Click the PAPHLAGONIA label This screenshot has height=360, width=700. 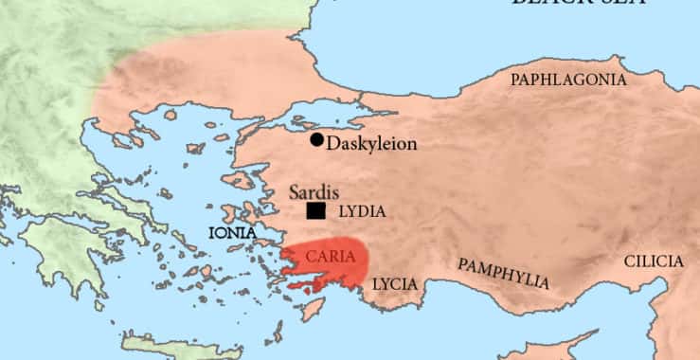click(x=568, y=80)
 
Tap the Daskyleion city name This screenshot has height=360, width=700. click(x=370, y=145)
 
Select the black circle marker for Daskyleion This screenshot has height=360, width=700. click(x=316, y=139)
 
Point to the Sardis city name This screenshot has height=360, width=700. click(x=314, y=192)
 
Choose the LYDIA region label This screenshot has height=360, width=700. click(x=361, y=212)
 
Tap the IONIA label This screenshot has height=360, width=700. click(x=232, y=232)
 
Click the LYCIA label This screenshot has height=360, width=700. click(x=393, y=283)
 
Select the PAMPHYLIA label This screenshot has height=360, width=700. click(x=503, y=273)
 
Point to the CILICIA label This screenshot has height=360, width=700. click(x=653, y=261)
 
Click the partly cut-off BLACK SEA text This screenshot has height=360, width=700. click(x=578, y=4)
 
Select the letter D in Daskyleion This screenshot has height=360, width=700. click(x=332, y=145)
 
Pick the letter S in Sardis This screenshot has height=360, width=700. click(x=295, y=192)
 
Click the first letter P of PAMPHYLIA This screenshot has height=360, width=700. click(x=462, y=262)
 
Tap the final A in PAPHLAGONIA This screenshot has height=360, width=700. click(x=621, y=80)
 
